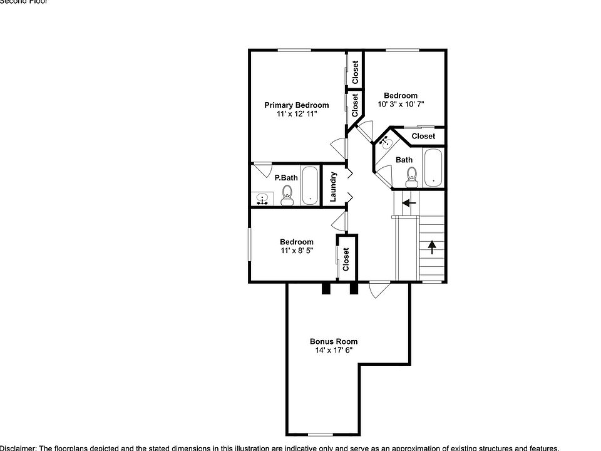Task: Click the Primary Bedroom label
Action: (x=296, y=105)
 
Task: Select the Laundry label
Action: (x=334, y=186)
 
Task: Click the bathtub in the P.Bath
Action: (x=310, y=186)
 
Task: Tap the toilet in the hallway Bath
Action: (x=411, y=179)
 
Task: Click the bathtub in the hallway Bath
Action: (x=433, y=167)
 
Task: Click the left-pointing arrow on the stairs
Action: (x=409, y=203)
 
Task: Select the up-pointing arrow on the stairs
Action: (x=431, y=247)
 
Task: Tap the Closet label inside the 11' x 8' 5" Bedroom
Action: (x=346, y=259)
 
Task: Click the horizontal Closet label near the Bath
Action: (x=423, y=136)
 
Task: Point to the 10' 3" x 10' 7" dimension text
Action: (x=401, y=104)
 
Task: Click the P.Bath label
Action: (x=286, y=178)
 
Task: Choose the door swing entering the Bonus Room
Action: (x=379, y=291)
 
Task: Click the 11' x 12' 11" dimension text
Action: (x=296, y=114)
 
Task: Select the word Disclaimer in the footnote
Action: (x=18, y=448)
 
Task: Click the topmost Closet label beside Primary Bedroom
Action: (x=355, y=72)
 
